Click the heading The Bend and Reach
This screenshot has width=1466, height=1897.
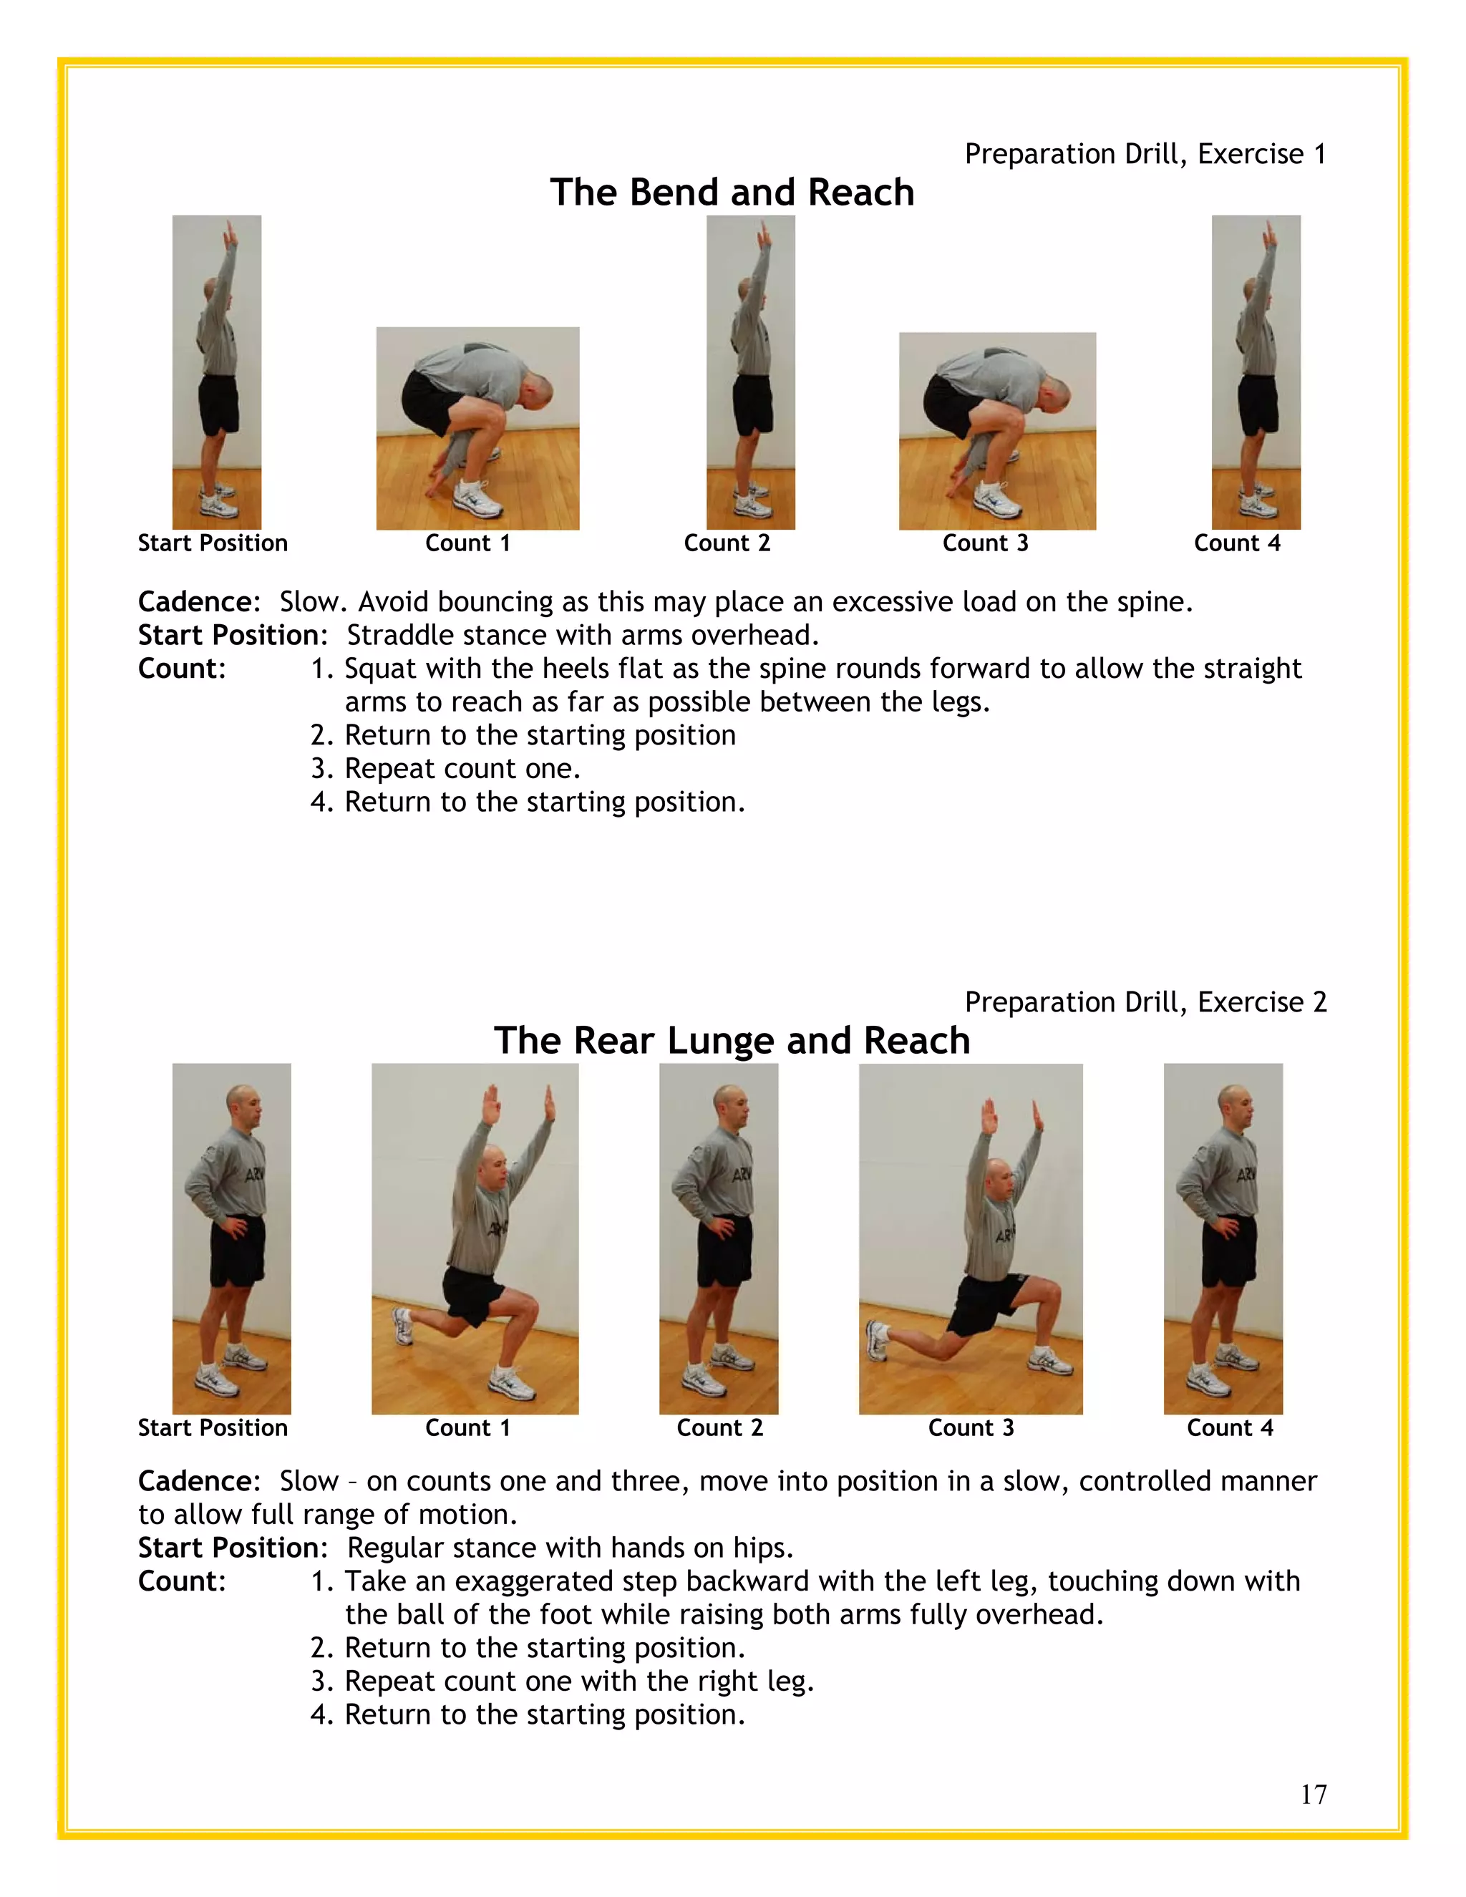(732, 192)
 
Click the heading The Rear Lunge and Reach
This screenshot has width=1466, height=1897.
(732, 1041)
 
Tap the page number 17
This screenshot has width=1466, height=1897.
(1313, 1795)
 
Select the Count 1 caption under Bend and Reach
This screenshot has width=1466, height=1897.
(467, 544)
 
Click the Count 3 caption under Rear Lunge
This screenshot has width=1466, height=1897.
(971, 1428)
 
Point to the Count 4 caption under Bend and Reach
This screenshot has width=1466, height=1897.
(1237, 544)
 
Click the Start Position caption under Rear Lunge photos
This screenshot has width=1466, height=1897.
(213, 1428)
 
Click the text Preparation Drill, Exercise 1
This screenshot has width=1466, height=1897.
(1145, 154)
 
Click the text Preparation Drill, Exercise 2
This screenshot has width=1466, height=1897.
(1145, 1002)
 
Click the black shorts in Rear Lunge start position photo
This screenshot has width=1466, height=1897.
(236, 1251)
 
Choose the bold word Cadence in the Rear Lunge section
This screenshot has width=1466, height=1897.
(197, 1481)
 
